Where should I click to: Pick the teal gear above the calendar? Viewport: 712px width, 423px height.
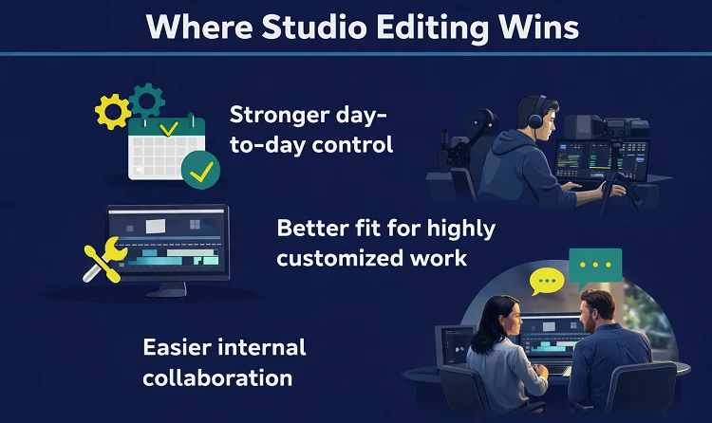(x=147, y=98)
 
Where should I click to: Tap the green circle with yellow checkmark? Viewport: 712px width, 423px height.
(x=201, y=171)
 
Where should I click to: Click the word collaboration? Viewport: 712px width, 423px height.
(x=216, y=377)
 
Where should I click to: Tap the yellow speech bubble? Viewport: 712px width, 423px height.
(x=547, y=281)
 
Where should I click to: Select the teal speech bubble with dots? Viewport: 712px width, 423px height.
(x=595, y=264)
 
